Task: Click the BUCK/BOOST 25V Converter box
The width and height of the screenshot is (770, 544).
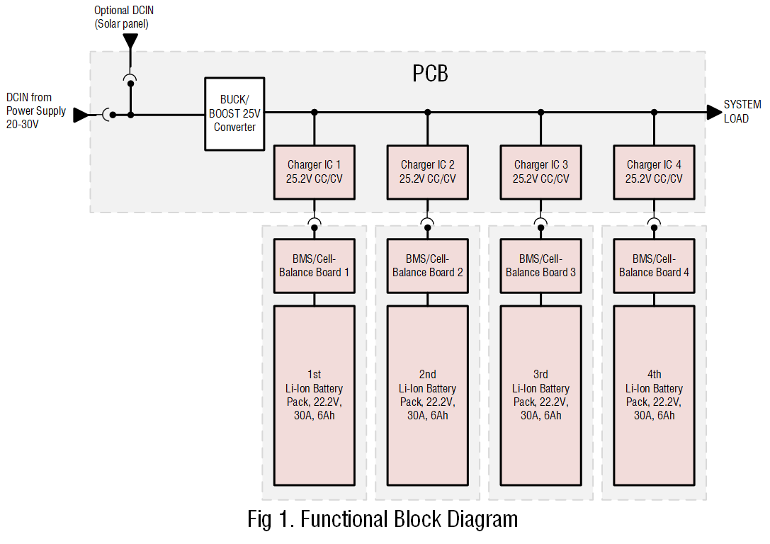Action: click(234, 113)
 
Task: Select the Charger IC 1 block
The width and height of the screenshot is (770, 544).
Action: click(314, 172)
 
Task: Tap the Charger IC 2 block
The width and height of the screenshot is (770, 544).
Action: click(427, 172)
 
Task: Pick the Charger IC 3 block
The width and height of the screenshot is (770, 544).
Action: click(540, 172)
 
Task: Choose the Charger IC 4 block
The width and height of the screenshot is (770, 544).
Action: click(654, 172)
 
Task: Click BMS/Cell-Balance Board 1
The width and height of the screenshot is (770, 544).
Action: click(314, 266)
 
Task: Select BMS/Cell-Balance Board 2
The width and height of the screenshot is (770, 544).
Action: click(427, 266)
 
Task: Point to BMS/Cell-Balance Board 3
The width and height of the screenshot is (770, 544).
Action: click(540, 266)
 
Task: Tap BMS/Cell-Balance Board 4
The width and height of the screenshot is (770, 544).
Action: click(654, 266)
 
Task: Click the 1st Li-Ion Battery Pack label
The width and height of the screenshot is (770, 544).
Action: click(314, 395)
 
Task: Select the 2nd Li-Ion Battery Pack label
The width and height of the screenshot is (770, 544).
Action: click(427, 395)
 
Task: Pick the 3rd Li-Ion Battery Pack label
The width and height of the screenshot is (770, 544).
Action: click(540, 395)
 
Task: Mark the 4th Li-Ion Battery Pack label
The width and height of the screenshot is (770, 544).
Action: click(654, 395)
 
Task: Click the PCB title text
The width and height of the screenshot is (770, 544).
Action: click(430, 74)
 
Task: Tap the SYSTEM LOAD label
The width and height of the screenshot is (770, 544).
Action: click(742, 111)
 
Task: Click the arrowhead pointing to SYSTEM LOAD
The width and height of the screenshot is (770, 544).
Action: click(714, 112)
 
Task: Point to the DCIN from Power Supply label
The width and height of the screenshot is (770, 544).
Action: click(35, 111)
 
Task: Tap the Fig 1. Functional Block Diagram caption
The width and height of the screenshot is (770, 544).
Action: click(383, 519)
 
